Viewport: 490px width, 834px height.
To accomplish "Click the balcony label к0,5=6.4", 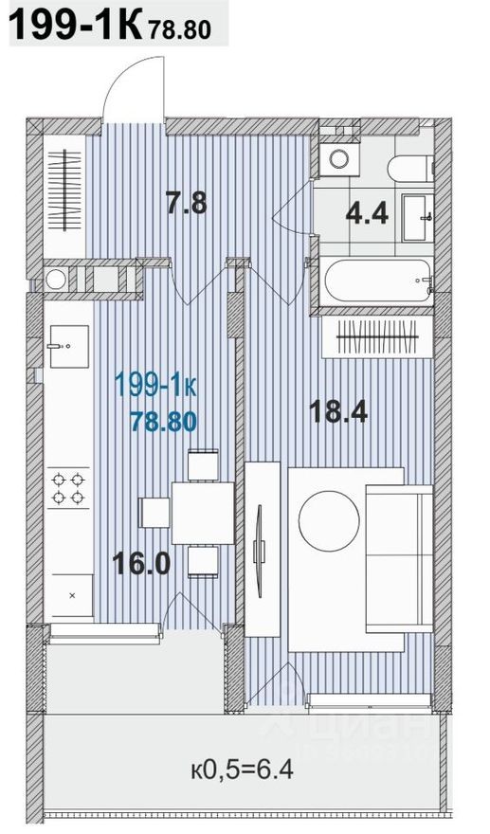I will pyautogui.click(x=241, y=769).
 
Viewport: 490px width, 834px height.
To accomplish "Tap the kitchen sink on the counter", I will pyautogui.click(x=68, y=338).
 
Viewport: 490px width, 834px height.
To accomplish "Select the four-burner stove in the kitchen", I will pyautogui.click(x=69, y=487).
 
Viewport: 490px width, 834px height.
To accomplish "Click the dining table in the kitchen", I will pyautogui.click(x=203, y=513).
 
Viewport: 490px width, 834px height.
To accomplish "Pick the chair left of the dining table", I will pyautogui.click(x=155, y=513).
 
